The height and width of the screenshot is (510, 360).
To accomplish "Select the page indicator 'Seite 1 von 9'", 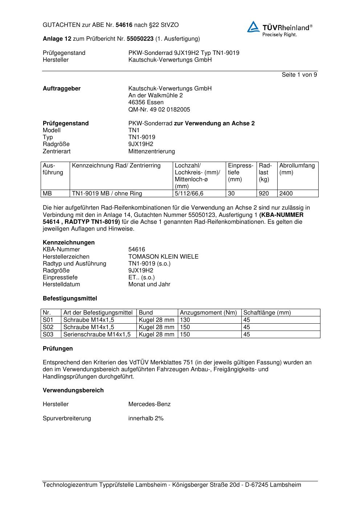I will point(299,75).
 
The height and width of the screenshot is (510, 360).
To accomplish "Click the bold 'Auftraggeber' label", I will point(62,89).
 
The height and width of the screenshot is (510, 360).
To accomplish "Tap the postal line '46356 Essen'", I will point(146,102).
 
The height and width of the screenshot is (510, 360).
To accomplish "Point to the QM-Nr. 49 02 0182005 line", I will point(159,109).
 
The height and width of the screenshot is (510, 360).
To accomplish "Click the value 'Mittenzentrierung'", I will point(151,151).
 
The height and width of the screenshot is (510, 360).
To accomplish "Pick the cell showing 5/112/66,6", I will point(189,194).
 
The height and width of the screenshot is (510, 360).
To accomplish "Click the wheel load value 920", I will point(263,194).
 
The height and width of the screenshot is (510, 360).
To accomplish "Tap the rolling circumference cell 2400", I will point(286,194).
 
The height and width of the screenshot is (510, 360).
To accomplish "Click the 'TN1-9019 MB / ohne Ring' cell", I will point(107,194).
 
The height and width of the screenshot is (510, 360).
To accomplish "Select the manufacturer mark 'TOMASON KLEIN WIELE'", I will point(163,256).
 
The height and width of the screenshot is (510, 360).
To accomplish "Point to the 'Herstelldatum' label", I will point(61,284).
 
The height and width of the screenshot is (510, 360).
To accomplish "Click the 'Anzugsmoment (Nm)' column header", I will point(208,312).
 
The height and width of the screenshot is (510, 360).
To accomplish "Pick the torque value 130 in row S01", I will point(185,320).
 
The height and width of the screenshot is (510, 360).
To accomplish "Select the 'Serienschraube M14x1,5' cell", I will point(97,334).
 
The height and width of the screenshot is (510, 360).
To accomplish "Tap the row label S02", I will point(48,327).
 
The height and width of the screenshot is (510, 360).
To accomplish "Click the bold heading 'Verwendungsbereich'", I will point(73,390).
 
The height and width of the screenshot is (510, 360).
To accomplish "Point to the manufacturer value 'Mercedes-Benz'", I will point(149,404).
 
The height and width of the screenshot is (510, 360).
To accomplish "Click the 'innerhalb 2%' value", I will point(146,418).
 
